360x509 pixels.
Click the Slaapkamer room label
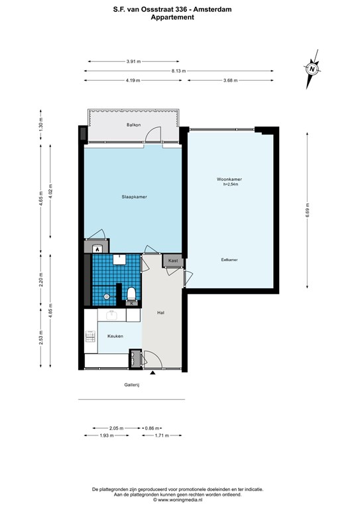[134, 197]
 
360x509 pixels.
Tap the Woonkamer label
[229, 179]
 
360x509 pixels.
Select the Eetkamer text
[229, 260]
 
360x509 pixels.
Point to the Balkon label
[133, 125]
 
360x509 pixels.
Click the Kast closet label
[173, 260]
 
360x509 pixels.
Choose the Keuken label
[115, 336]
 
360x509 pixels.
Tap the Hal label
[160, 313]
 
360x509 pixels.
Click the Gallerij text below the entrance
[131, 385]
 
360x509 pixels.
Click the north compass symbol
[312, 69]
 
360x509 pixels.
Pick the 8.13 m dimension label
[178, 71]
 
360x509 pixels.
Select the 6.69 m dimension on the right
[308, 211]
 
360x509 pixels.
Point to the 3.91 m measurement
[133, 62]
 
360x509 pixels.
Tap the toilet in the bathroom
[131, 293]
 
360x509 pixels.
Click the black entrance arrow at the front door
[152, 373]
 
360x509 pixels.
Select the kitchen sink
[111, 315]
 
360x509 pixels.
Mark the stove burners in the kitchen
[90, 336]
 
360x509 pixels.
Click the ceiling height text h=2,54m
[231, 184]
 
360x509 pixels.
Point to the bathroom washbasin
[119, 259]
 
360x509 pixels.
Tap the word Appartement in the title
[172, 17]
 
